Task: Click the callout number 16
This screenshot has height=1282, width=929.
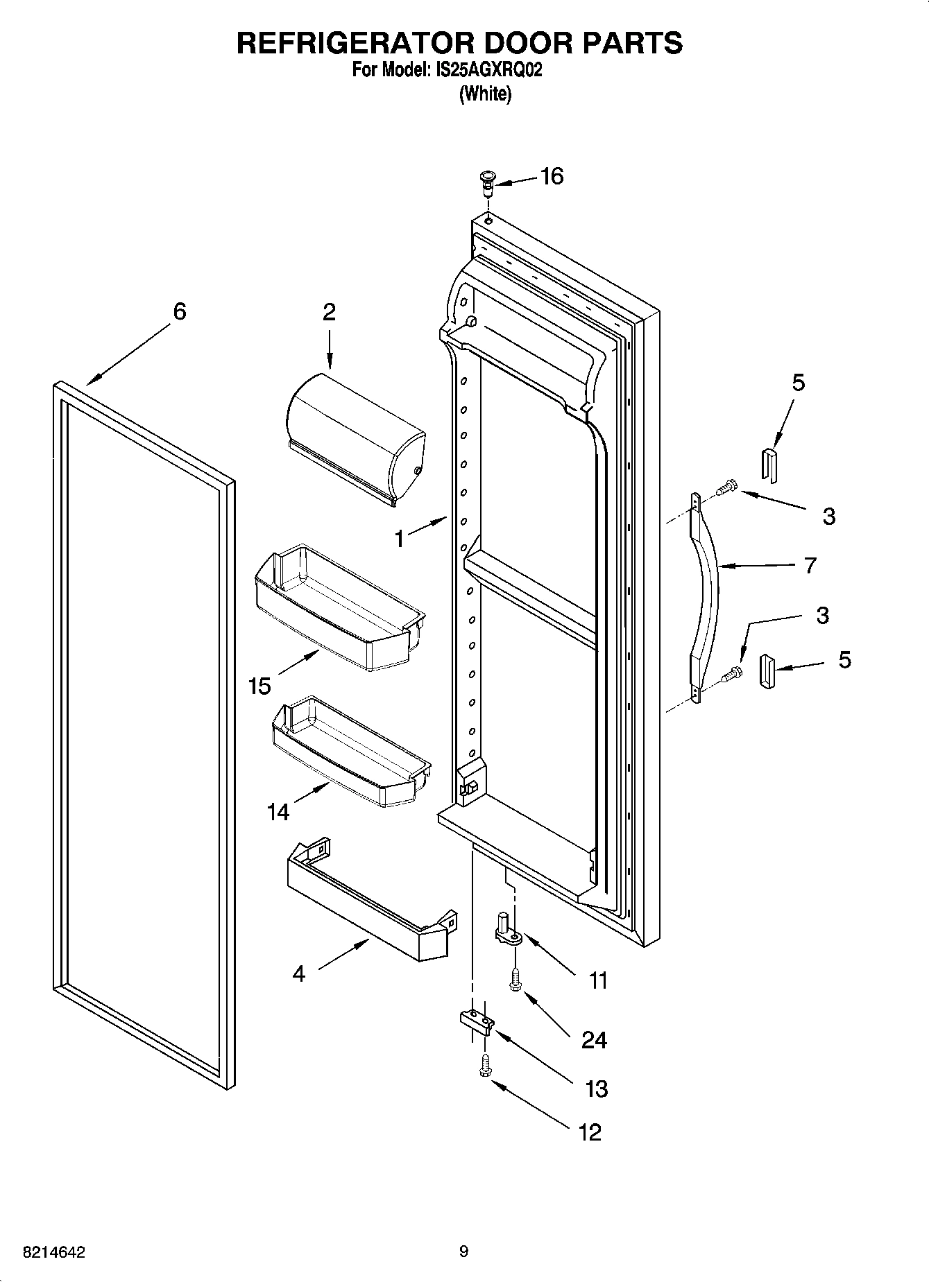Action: (x=552, y=177)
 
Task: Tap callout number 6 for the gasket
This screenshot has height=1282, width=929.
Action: (x=179, y=312)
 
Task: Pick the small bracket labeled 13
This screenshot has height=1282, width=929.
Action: (x=476, y=1023)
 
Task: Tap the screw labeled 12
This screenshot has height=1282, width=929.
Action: (x=484, y=1067)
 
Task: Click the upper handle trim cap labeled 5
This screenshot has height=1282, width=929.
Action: (x=769, y=464)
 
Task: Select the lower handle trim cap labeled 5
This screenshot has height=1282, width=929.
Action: (x=767, y=672)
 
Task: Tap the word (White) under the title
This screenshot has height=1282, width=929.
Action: (x=485, y=94)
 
